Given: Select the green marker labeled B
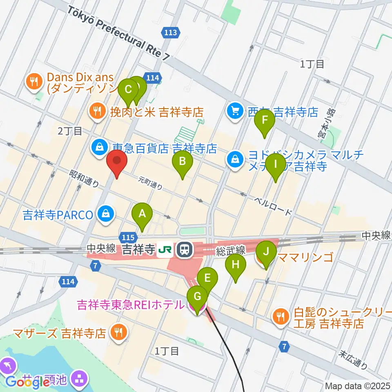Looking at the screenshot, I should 183,163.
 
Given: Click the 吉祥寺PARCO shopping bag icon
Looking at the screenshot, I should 106,214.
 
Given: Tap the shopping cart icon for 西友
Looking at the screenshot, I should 235,111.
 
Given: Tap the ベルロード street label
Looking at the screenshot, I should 273,206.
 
